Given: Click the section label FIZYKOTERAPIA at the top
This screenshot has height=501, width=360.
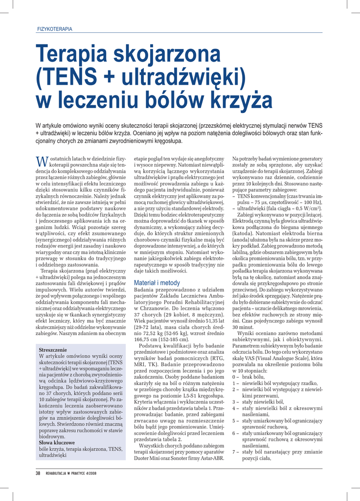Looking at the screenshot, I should [55, 29].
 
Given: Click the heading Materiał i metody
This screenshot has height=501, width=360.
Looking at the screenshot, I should [157, 283].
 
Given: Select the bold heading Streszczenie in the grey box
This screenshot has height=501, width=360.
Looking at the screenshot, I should [53, 350].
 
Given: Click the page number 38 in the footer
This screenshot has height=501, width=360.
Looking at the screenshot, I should [38, 473].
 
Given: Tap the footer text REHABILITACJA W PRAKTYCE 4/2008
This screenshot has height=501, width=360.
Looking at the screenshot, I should [71, 473].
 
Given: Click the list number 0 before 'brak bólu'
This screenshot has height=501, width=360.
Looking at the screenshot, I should [234, 377].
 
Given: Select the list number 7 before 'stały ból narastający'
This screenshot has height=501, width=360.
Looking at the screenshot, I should [234, 452].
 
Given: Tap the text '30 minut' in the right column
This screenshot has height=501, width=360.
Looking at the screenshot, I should [243, 327].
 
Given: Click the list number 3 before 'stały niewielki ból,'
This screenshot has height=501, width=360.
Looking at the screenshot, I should [234, 402].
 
